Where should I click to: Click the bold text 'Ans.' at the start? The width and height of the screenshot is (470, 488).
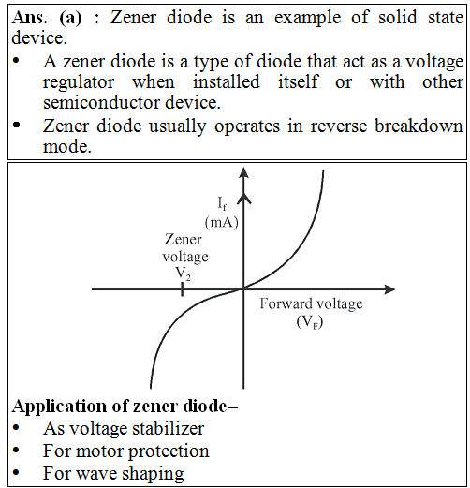coord(30,17)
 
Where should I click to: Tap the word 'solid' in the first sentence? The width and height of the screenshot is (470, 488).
coord(398,17)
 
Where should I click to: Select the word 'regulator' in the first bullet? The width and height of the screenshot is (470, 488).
coord(79,83)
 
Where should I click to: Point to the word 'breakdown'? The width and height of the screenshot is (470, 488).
coord(419,126)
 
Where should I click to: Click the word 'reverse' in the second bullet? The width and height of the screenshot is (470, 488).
coord(339,126)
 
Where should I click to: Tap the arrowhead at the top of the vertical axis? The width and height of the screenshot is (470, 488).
coord(243,172)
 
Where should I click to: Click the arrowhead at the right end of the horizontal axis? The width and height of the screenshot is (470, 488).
coord(389,289)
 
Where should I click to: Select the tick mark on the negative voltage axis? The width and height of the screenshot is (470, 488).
coord(182,289)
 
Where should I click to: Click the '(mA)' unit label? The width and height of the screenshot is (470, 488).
coord(222,223)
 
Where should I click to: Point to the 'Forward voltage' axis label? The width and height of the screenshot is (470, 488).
coord(311,303)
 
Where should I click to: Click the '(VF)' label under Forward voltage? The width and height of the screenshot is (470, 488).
coord(310,322)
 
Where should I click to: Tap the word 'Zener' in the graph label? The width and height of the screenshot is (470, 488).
coord(184,240)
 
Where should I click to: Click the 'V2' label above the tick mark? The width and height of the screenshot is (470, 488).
coord(184,274)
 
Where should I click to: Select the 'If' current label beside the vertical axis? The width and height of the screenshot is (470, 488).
coord(222,203)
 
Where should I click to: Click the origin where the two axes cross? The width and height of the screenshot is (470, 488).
coord(243,289)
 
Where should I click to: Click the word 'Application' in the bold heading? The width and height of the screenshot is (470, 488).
coord(59,407)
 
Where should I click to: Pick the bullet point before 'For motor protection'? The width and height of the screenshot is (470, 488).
coord(16,451)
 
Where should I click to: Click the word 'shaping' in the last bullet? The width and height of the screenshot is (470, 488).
coord(153,474)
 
